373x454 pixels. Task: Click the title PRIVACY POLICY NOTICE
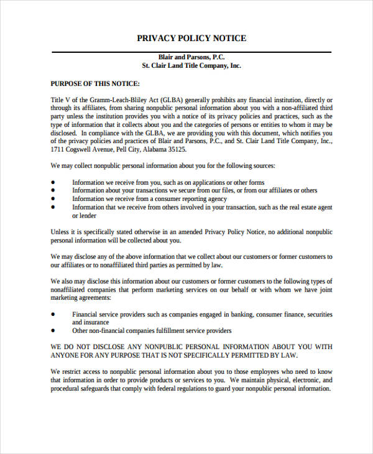click(191, 38)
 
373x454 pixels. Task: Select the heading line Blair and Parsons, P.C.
click(191, 55)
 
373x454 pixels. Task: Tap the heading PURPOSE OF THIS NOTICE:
click(95, 83)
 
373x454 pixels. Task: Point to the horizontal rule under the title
click(191, 49)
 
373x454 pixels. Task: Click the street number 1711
click(57, 149)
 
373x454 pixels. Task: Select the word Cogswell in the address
click(83, 149)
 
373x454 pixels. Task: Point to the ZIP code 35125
click(177, 149)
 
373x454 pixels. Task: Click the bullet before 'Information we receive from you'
click(53, 182)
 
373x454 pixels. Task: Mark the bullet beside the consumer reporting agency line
click(53, 199)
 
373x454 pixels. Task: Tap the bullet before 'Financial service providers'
click(53, 314)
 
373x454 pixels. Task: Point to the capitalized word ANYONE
click(67, 356)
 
